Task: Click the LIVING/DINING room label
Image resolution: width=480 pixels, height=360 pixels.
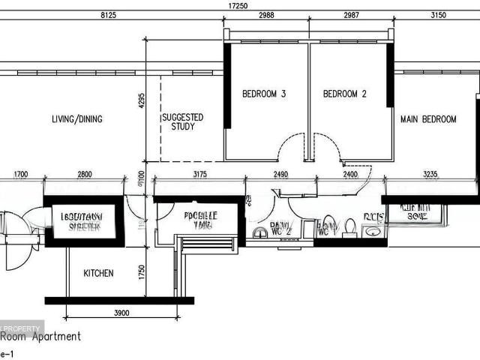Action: click(x=77, y=118)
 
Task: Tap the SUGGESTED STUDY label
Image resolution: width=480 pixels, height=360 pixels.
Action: click(x=183, y=122)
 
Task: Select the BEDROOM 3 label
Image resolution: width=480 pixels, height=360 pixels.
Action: click(x=264, y=94)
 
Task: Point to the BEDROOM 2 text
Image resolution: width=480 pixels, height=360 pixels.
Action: click(x=344, y=94)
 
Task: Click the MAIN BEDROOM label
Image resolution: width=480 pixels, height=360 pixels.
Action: click(x=428, y=119)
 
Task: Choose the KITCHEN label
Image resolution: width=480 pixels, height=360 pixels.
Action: click(x=98, y=274)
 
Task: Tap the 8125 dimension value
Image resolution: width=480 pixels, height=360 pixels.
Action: click(x=111, y=15)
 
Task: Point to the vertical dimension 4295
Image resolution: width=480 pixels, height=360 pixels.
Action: click(x=139, y=100)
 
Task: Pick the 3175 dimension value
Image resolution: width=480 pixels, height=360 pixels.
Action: click(x=199, y=175)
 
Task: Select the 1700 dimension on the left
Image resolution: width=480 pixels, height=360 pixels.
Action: click(x=21, y=175)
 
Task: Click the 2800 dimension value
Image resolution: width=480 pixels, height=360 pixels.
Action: click(x=85, y=175)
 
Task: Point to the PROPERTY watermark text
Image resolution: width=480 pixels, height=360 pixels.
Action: click(x=24, y=328)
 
